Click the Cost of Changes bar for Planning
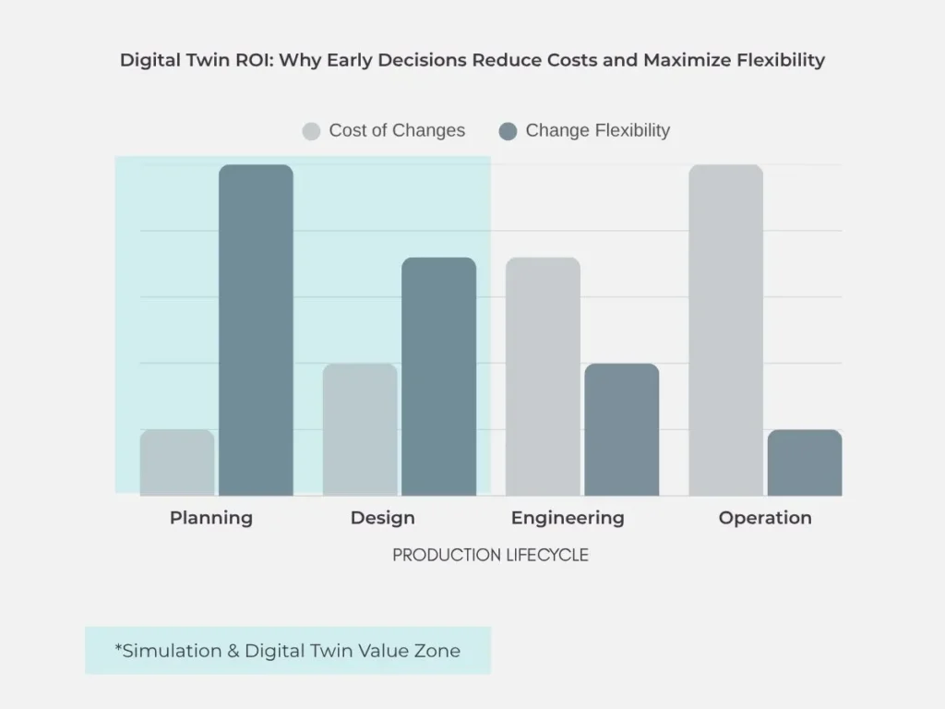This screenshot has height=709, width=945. (x=177, y=463)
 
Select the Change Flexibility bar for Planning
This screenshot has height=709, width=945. (x=256, y=330)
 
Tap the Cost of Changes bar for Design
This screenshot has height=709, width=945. (x=360, y=429)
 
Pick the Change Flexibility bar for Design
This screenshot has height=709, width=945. (x=438, y=377)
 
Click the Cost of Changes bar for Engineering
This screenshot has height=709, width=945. (x=543, y=377)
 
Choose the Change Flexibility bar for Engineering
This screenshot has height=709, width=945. (x=621, y=429)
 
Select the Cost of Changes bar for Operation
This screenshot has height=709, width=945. (x=725, y=330)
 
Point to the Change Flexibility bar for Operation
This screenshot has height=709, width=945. (x=804, y=463)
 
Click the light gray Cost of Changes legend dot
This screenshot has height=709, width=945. (x=311, y=131)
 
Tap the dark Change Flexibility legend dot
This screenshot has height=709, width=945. (x=508, y=131)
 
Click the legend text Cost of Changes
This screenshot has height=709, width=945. (x=397, y=131)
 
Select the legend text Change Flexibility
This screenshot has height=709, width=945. (x=597, y=131)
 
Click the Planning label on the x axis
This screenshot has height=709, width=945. (x=211, y=518)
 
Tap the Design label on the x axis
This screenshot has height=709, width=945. (x=382, y=518)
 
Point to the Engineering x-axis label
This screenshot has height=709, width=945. (x=568, y=518)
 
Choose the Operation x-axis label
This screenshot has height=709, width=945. (x=765, y=518)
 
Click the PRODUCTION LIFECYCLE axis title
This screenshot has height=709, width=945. (x=490, y=555)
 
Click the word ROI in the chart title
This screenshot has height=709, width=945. (x=256, y=61)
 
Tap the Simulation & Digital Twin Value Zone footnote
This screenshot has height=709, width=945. (x=288, y=651)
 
